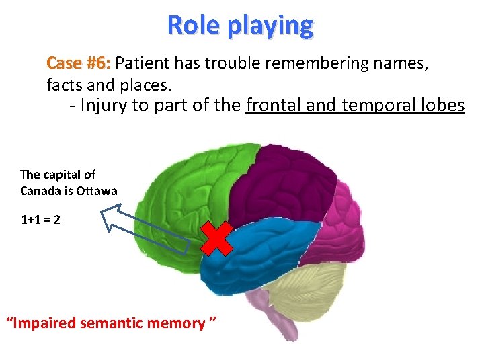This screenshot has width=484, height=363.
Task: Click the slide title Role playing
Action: [240, 26]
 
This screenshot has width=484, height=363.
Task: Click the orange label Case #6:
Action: [79, 64]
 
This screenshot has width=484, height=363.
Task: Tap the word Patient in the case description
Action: [143, 64]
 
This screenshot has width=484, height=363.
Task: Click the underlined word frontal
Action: [272, 106]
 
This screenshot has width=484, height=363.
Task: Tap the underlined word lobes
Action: [441, 106]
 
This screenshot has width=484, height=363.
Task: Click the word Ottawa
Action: [99, 191]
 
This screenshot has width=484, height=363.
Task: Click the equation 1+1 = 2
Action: [40, 220]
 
